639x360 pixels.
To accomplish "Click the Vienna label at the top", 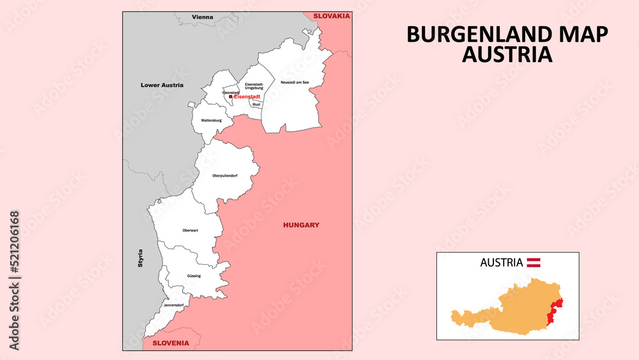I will tap(203, 17).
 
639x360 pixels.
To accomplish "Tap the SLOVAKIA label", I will tap(331, 16).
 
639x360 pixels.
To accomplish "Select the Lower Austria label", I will tap(162, 84).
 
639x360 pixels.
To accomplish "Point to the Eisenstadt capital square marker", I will tap(231, 97).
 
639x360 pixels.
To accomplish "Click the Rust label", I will tap(256, 104).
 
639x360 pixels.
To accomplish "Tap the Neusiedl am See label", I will tap(295, 82).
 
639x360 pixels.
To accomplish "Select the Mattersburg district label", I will tap(211, 120).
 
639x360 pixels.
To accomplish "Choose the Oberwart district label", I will tap(190, 230).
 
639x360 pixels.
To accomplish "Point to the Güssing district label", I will tap(194, 276).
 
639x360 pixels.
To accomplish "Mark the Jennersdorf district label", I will tap(173, 305).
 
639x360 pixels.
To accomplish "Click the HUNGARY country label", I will tap(301, 225).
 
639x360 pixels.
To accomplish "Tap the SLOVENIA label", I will tap(170, 343).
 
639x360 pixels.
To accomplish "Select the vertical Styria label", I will tap(141, 258).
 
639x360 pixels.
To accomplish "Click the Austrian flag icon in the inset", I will tap(534, 262).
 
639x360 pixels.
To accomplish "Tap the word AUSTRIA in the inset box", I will tap(501, 262).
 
